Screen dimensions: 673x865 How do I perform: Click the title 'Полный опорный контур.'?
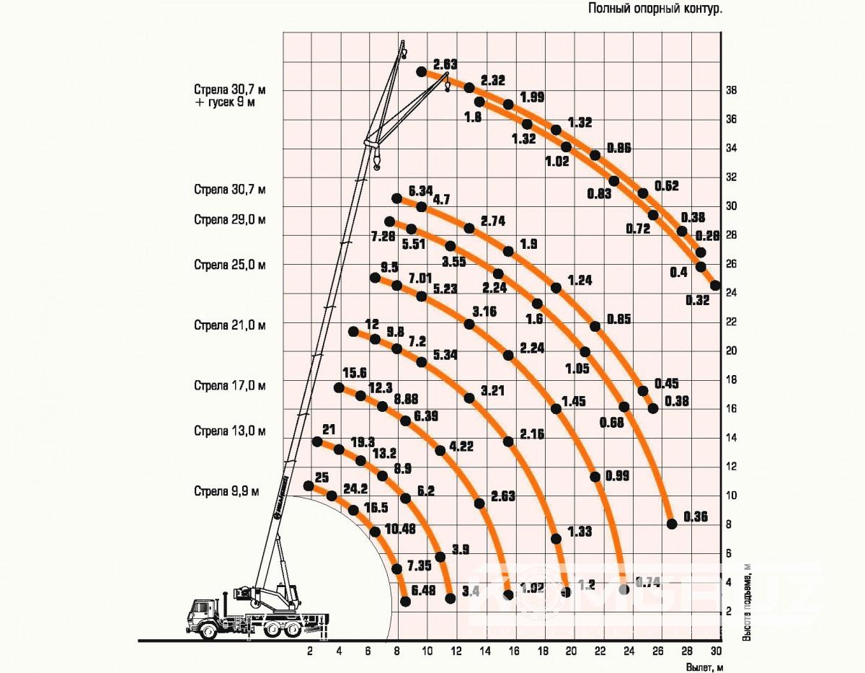pos(656,9)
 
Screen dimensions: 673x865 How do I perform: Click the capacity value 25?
pos(321,477)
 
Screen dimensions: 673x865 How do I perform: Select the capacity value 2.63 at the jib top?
pos(445,64)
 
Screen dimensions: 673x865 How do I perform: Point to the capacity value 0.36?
pos(696,516)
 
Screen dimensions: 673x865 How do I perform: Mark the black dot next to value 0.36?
pos(672,524)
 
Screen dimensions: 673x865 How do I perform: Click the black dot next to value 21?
pos(316,441)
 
